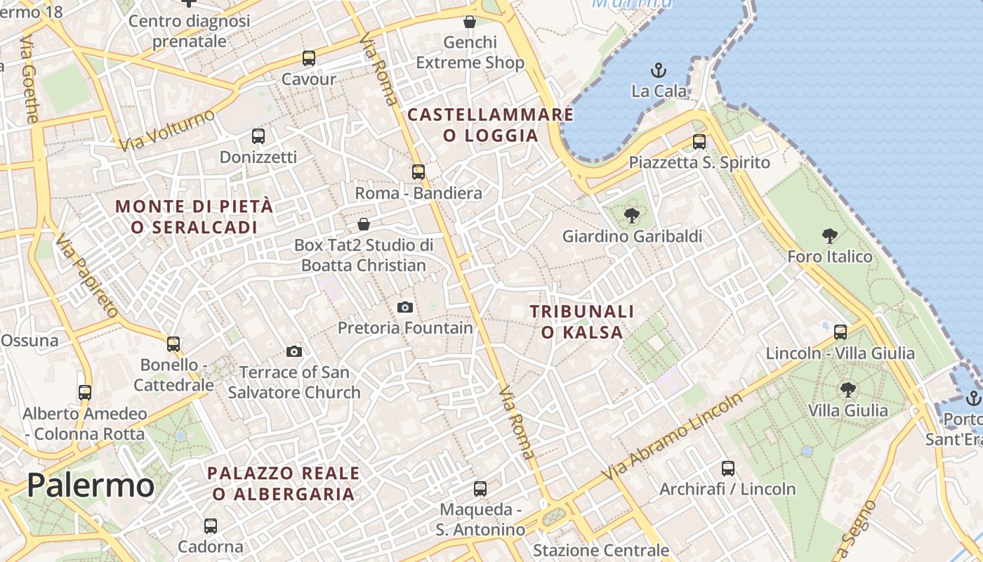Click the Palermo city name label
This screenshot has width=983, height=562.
(91, 485)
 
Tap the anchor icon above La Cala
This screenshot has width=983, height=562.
(659, 70)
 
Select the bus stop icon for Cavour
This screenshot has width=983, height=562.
(309, 58)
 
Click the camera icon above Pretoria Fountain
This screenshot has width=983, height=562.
(405, 307)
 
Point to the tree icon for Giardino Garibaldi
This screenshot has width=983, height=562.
(632, 216)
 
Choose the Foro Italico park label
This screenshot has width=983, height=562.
(829, 256)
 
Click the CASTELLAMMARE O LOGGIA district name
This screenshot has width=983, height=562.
(491, 124)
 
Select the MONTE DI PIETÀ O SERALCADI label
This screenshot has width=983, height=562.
(194, 216)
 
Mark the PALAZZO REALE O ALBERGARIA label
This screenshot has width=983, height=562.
(284, 483)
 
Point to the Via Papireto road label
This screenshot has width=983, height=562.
(86, 275)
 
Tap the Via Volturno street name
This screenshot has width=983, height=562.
(166, 131)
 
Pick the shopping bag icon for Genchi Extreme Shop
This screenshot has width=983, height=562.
(470, 22)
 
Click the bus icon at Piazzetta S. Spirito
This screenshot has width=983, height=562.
(699, 142)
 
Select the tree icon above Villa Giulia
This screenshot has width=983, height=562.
(848, 389)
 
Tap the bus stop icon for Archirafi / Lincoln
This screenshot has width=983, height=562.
(728, 468)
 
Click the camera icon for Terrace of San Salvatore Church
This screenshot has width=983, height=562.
(294, 351)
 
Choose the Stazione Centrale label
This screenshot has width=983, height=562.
(601, 550)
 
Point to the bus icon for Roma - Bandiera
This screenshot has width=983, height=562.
(418, 171)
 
